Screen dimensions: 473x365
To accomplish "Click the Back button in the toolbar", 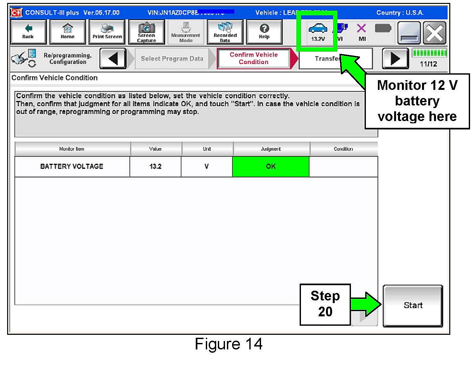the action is [28, 32].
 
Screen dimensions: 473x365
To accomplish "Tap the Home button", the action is [68, 32].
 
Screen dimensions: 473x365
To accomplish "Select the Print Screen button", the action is [107, 32].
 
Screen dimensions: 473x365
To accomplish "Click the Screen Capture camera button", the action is [146, 32].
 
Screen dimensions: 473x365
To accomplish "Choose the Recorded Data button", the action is [225, 32].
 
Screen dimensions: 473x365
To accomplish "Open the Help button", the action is [264, 32].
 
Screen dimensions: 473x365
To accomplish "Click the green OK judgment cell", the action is [271, 166].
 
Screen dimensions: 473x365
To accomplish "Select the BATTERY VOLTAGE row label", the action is [72, 166].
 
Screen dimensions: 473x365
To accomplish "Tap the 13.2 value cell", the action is [155, 166].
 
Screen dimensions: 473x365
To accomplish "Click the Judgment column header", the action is [271, 149].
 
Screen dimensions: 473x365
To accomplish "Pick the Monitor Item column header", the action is [72, 149].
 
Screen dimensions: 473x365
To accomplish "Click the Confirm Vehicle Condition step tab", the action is [254, 58].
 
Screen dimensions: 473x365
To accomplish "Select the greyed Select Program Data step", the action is [172, 59].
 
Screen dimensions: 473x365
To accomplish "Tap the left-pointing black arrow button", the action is [113, 59].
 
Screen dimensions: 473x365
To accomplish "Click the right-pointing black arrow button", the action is [395, 59].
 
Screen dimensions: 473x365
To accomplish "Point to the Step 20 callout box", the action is [325, 304].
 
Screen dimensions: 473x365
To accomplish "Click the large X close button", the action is [435, 33].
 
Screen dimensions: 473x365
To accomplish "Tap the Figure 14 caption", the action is [229, 344].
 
